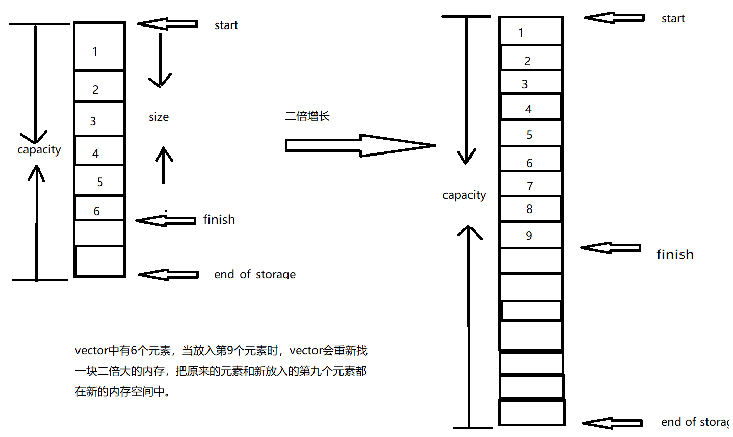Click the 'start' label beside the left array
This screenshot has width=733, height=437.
click(x=226, y=25)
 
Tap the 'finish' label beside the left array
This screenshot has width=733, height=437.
click(x=219, y=220)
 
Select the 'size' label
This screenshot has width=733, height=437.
click(x=159, y=117)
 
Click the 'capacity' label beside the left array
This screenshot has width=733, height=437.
click(x=39, y=150)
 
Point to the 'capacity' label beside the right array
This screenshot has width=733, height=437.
click(x=464, y=195)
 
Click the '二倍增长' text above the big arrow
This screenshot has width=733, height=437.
click(x=307, y=116)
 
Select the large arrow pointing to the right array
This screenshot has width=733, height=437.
click(x=360, y=146)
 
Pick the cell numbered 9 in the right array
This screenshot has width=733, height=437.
click(x=530, y=236)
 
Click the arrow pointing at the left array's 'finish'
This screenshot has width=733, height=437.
click(x=166, y=220)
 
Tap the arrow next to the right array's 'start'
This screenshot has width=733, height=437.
click(x=614, y=18)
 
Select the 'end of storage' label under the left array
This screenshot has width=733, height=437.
click(x=254, y=275)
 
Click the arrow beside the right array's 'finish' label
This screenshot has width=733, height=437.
click(x=610, y=248)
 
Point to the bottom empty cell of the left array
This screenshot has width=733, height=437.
click(x=99, y=261)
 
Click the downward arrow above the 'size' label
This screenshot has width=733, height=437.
click(x=160, y=61)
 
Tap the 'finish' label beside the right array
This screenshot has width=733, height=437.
click(x=674, y=254)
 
